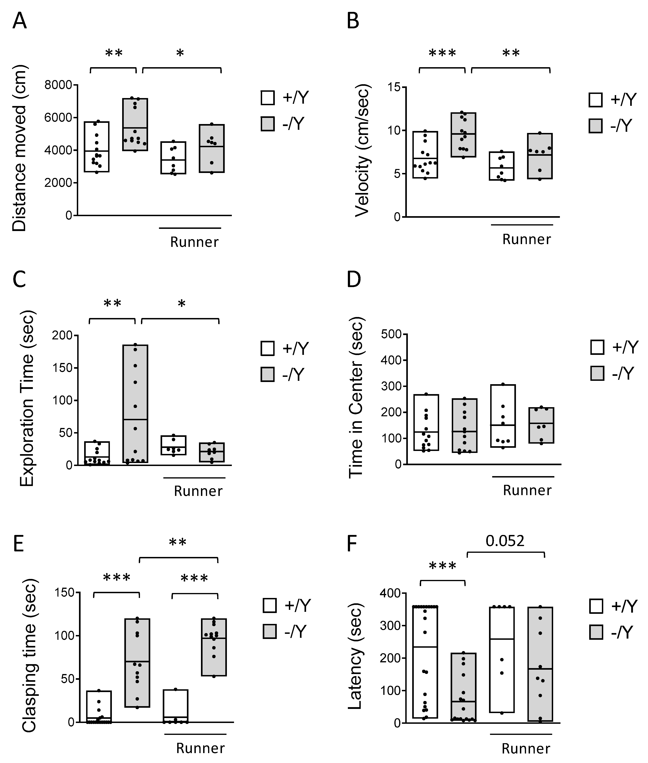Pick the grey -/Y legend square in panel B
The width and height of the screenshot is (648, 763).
[x=596, y=126]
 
